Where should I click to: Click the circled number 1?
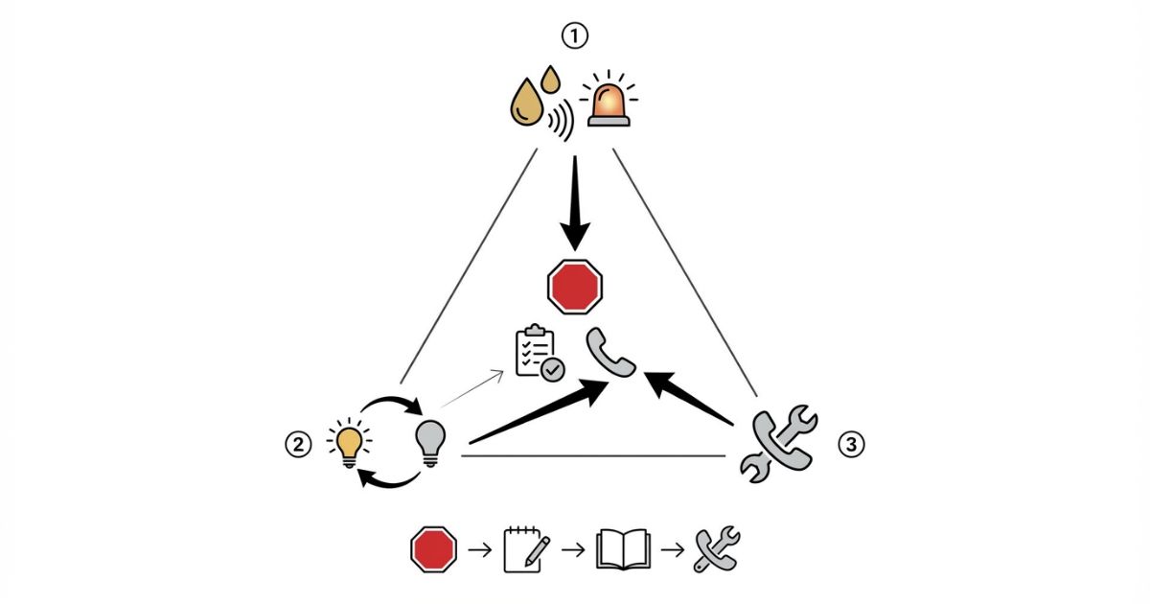574,37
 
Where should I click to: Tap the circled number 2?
298,444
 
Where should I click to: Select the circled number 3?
851,444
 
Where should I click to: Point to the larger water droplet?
525,105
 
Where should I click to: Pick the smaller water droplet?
550,78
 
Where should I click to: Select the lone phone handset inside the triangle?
611,352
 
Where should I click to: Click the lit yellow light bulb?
348,443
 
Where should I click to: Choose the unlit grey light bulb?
430,442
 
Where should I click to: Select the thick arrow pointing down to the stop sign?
575,206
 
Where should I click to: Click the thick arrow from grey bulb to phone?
537,413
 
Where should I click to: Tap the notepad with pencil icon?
526,549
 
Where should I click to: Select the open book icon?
623,549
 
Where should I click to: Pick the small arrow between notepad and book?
573,549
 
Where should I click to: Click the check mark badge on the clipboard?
553,368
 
